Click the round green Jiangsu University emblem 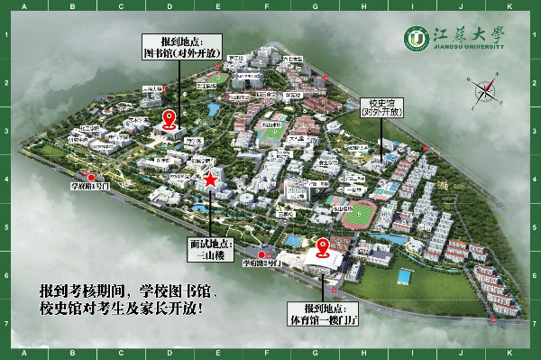click(x=417, y=39)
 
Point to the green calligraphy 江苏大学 click(x=468, y=34)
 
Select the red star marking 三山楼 click(x=210, y=180)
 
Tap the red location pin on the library click(x=169, y=119)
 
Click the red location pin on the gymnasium click(x=323, y=245)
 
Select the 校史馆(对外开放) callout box click(x=380, y=108)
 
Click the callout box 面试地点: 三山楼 click(x=210, y=250)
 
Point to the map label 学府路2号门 click(x=261, y=263)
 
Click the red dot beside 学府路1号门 click(x=89, y=175)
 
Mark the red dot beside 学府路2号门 click(x=261, y=254)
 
